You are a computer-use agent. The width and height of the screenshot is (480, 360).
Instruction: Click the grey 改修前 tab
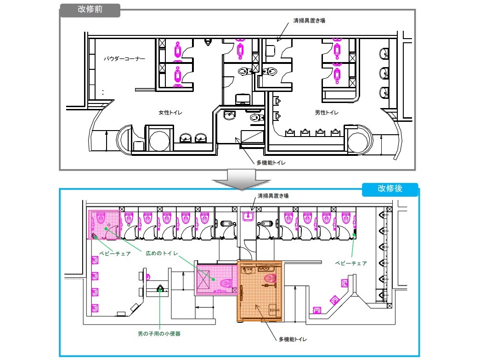[90, 10]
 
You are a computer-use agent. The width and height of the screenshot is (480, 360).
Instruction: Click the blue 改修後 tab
[390, 189]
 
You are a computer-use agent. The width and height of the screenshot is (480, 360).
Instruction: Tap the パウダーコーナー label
[124, 58]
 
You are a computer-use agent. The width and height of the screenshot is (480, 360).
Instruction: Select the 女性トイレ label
[170, 113]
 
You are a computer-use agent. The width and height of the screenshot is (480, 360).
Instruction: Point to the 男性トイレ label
[327, 113]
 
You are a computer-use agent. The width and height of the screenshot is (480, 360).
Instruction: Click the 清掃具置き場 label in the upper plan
[309, 21]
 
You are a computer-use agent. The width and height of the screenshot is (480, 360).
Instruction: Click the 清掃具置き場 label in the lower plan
[273, 195]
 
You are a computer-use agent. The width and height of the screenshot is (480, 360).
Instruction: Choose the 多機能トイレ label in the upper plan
[271, 163]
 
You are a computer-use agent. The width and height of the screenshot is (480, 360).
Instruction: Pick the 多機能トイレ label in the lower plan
[293, 339]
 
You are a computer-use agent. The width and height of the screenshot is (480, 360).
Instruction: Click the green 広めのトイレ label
[162, 253]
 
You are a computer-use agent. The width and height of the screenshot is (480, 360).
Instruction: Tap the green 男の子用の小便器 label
[159, 334]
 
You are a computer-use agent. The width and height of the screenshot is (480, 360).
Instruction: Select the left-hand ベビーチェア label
[115, 254]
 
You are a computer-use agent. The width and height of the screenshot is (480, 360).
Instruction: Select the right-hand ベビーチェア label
[351, 263]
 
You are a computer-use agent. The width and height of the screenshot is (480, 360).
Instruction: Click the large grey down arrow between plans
[241, 180]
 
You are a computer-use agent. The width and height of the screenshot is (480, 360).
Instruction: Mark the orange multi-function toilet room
[260, 291]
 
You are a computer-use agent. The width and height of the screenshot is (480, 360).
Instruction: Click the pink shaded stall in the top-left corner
[104, 224]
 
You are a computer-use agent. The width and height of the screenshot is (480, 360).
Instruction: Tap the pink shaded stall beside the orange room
[217, 279]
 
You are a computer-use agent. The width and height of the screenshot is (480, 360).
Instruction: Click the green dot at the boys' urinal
[159, 290]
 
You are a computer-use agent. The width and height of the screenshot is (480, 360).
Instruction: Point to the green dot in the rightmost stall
[354, 235]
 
